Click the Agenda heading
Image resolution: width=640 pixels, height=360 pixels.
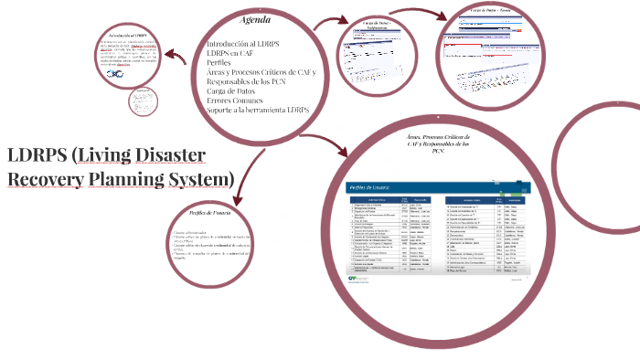pyautogui.click(x=255, y=20)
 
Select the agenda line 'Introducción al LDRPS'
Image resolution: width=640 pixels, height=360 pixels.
pyautogui.click(x=242, y=44)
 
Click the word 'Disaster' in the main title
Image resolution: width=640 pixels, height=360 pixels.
pyautogui.click(x=167, y=154)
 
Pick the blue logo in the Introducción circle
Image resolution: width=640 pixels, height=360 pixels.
pyautogui.click(x=116, y=73)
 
